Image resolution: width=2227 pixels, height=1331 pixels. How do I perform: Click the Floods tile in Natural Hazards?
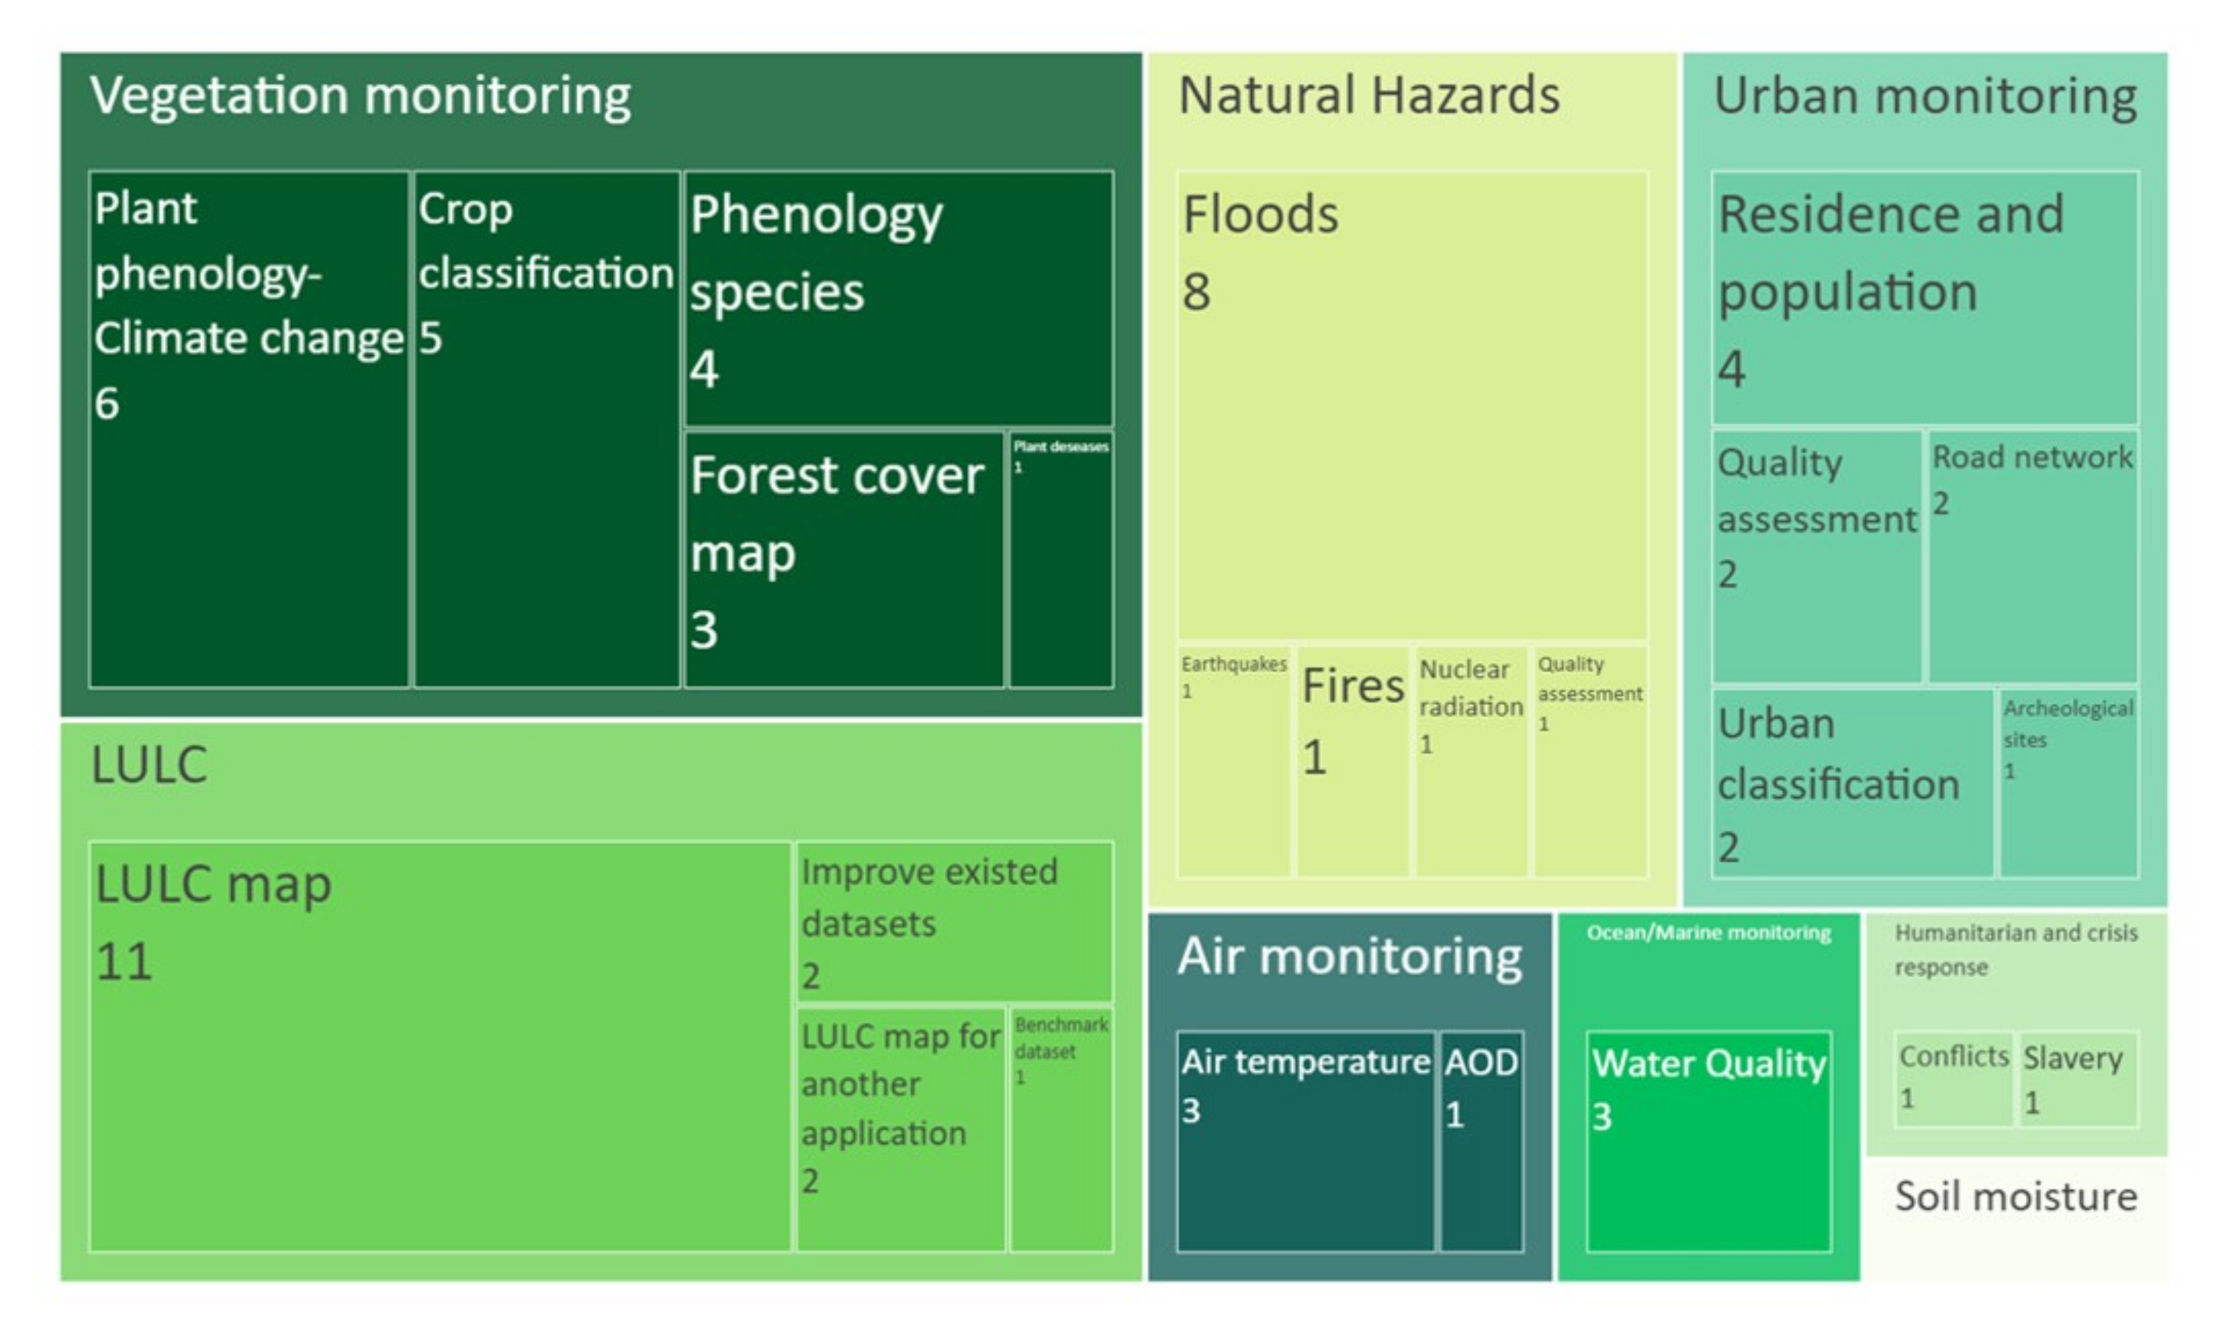point(1412,406)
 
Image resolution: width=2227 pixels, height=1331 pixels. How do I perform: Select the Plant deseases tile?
point(1061,561)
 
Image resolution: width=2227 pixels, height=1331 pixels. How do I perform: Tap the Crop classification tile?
point(546,430)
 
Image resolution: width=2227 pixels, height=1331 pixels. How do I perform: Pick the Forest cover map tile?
point(844,561)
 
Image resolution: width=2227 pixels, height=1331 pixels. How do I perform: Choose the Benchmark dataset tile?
point(1061,1128)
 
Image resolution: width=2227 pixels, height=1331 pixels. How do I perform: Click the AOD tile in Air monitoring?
point(1482,1141)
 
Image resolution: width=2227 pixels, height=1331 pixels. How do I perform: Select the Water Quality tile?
point(1709,1141)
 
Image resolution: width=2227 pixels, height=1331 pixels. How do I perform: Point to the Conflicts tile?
point(1954,1079)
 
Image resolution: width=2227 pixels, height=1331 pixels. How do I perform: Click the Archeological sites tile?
point(2069,783)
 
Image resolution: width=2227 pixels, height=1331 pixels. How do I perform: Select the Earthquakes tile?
point(1234,761)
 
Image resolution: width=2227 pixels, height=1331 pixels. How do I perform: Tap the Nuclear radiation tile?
point(1471,761)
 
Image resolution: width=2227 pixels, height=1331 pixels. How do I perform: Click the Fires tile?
point(1352,761)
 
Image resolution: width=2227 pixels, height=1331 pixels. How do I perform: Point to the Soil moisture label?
point(2016,1196)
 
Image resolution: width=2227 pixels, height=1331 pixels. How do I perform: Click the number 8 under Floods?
point(1197,292)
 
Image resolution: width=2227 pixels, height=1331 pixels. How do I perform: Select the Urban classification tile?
point(1853,783)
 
